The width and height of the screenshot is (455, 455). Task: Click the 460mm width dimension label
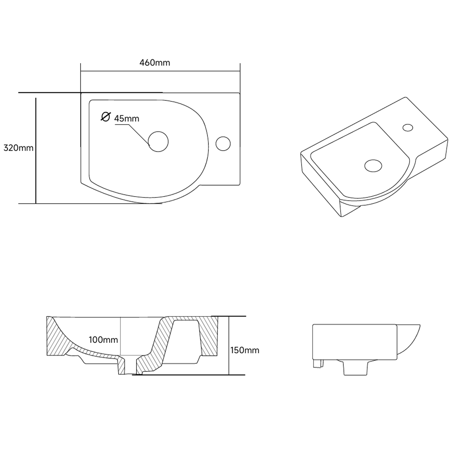click(x=155, y=63)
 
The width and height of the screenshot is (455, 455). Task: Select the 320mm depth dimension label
click(x=18, y=148)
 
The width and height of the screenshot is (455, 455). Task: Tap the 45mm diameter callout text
click(x=126, y=119)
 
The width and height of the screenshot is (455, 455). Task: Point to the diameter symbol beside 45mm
click(x=106, y=116)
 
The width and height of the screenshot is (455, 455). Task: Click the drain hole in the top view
click(x=158, y=142)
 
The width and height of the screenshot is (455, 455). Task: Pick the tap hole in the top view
click(x=223, y=143)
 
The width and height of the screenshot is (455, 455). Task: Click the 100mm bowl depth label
click(x=103, y=340)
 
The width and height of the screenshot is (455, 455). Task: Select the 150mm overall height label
click(x=245, y=350)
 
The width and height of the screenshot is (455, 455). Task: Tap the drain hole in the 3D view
click(x=373, y=166)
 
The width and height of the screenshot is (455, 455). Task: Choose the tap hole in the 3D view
click(x=408, y=127)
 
